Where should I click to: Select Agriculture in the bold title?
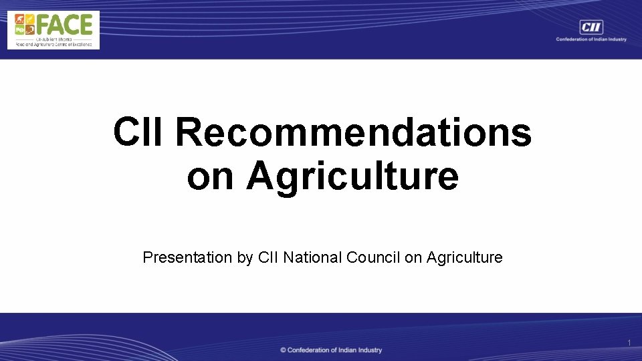click(352, 176)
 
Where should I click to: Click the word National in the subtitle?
click(312, 257)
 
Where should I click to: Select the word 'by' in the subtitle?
click(245, 257)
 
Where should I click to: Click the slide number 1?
click(629, 343)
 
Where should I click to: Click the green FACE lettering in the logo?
click(64, 25)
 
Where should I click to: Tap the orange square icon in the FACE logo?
click(19, 19)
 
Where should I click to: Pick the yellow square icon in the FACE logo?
click(29, 19)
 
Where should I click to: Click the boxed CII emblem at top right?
click(591, 27)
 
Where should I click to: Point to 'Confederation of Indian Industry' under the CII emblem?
click(591, 39)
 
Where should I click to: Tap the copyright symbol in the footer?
click(284, 350)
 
